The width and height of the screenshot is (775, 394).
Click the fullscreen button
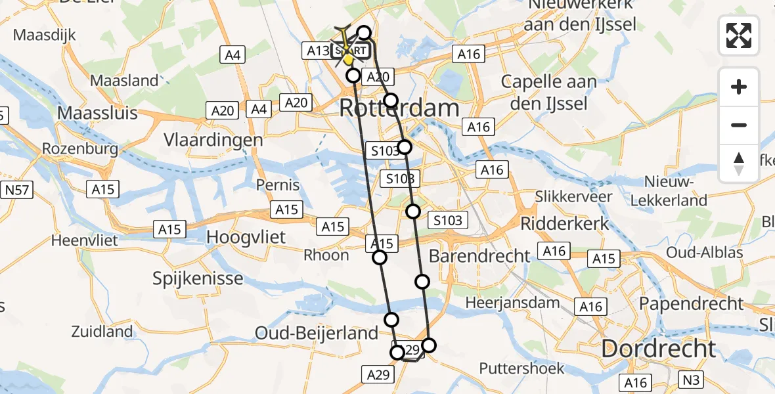pyautogui.click(x=739, y=35)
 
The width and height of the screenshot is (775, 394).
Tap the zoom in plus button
pyautogui.click(x=739, y=87)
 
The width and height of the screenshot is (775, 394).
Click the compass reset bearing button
pyautogui.click(x=739, y=164)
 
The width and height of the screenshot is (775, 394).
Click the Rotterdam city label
pyautogui.click(x=399, y=108)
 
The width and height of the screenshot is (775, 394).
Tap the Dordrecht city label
pyautogui.click(x=658, y=349)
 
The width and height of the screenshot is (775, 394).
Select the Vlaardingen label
pyautogui.click(x=214, y=140)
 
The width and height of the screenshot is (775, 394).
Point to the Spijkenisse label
pyautogui.click(x=198, y=278)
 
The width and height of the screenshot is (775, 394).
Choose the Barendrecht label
pyautogui.click(x=479, y=255)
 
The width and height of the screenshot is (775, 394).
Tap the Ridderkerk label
pyautogui.click(x=565, y=223)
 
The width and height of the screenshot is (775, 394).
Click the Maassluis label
pyautogui.click(x=97, y=113)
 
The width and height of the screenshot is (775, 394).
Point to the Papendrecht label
pyautogui.click(x=692, y=304)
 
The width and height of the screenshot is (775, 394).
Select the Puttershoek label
pyautogui.click(x=521, y=368)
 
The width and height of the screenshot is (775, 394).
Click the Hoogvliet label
pyautogui.click(x=246, y=236)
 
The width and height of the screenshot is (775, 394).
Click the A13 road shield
pyautogui.click(x=315, y=50)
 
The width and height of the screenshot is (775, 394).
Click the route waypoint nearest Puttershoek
pyautogui.click(x=429, y=345)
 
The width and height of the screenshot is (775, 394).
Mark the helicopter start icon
pyautogui.click(x=347, y=47)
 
